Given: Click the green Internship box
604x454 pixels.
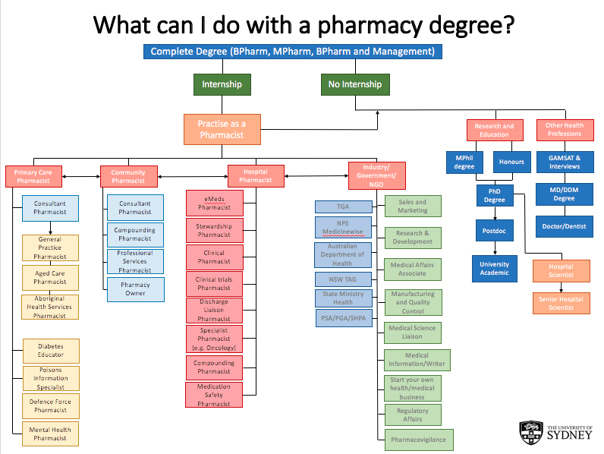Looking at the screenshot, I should [222, 84].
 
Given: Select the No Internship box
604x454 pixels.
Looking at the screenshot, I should [355, 84].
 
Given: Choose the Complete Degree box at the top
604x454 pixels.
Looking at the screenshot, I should [292, 52].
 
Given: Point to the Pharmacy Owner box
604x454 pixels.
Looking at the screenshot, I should [135, 289].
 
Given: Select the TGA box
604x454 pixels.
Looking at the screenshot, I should [344, 207].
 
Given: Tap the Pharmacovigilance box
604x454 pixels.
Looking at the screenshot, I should [418, 440].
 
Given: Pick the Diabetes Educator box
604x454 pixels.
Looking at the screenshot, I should [51, 350].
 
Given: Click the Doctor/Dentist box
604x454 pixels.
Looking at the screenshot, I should [564, 226].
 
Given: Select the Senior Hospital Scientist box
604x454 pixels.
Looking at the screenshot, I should [562, 303].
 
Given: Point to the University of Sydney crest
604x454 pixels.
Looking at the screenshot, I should [530, 433].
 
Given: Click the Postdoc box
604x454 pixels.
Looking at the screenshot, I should [494, 229].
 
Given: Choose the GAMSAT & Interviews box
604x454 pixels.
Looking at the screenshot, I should [564, 162].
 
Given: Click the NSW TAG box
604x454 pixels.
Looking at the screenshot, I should [344, 279].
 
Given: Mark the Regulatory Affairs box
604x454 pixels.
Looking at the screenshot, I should [413, 415].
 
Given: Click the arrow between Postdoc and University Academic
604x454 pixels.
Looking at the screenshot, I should [494, 248].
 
